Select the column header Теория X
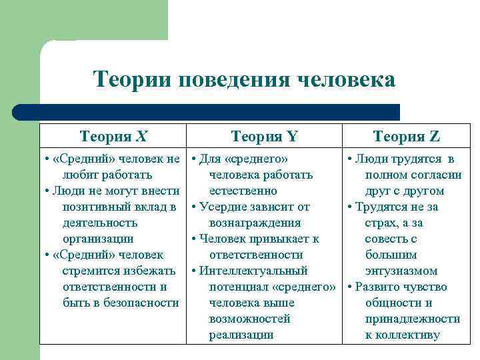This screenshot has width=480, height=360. (x=113, y=137)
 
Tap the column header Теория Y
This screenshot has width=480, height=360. (x=264, y=137)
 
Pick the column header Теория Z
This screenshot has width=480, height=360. (x=407, y=137)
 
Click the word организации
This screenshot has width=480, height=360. (x=98, y=239)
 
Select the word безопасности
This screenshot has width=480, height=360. (x=144, y=303)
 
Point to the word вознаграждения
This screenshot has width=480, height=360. (x=255, y=223)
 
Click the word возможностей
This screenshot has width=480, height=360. (x=249, y=319)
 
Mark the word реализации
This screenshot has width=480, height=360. (x=241, y=335)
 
